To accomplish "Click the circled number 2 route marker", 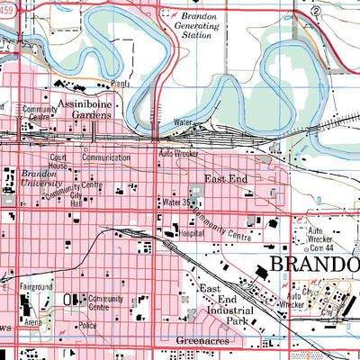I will [x=316, y=10].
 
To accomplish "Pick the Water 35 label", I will [x=178, y=202].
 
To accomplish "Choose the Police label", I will [x=88, y=324].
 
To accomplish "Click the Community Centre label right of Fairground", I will [x=104, y=303].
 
